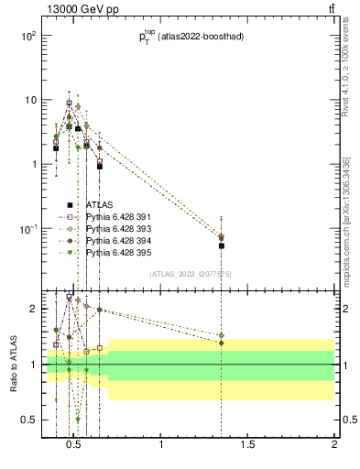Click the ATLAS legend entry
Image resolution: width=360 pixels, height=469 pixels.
coord(98,204)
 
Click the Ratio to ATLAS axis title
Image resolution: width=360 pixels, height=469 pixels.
coord(14,365)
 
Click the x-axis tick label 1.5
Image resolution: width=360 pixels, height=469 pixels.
coord(247,447)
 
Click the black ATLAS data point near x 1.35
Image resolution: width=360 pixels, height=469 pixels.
coord(221,245)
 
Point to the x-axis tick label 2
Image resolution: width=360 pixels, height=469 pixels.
coord(333,447)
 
